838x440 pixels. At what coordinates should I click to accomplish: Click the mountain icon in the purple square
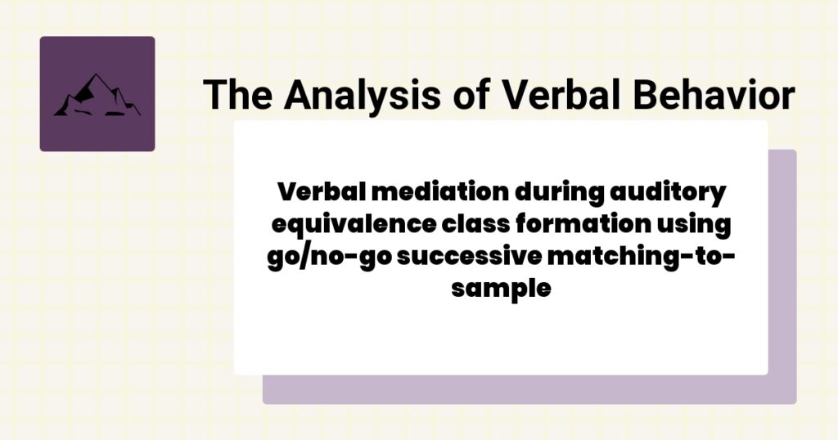click(x=97, y=96)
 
